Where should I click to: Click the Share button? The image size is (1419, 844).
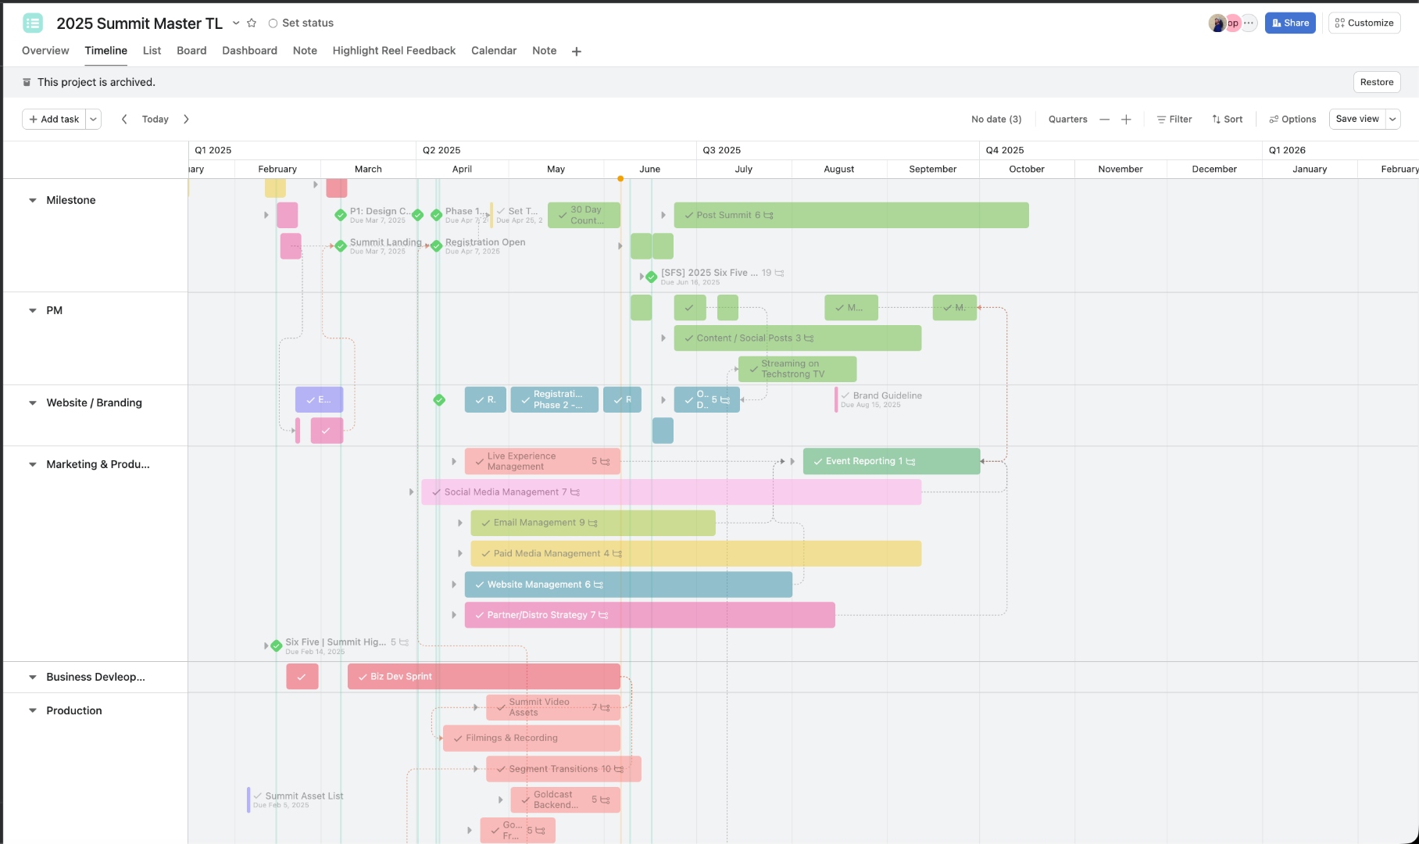[1290, 23]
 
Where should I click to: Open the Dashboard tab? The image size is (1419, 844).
[249, 51]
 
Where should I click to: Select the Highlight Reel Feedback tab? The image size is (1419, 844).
[394, 51]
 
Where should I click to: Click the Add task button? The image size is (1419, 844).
[54, 120]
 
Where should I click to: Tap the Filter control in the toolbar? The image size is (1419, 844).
[1174, 120]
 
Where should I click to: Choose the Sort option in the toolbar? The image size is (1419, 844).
[1228, 120]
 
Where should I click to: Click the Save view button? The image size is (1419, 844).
[1357, 120]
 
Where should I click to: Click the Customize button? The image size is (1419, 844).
[1364, 23]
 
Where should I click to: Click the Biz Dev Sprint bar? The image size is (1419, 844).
[484, 677]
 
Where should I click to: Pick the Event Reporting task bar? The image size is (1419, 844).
[891, 461]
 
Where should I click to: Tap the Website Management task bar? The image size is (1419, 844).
[628, 585]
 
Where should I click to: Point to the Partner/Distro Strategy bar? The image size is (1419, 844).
[649, 615]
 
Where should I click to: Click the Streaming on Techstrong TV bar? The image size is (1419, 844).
[797, 369]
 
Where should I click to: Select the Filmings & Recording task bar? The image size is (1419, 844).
[531, 738]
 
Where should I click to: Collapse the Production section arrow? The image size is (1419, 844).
[33, 710]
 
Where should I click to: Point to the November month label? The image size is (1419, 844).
[1121, 169]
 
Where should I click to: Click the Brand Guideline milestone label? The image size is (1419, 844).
[887, 395]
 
